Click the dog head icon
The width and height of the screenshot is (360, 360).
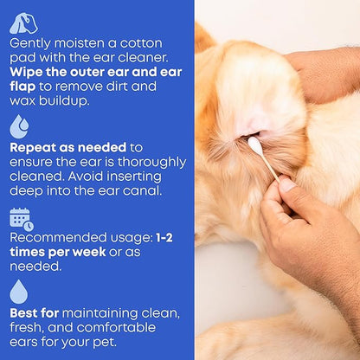(x=23, y=23)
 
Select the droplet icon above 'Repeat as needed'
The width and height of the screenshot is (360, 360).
(x=18, y=126)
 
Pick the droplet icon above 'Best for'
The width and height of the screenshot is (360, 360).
(x=18, y=292)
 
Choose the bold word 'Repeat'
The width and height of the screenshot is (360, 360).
(x=35, y=147)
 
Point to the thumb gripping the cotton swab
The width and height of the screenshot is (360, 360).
(x=286, y=184)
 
